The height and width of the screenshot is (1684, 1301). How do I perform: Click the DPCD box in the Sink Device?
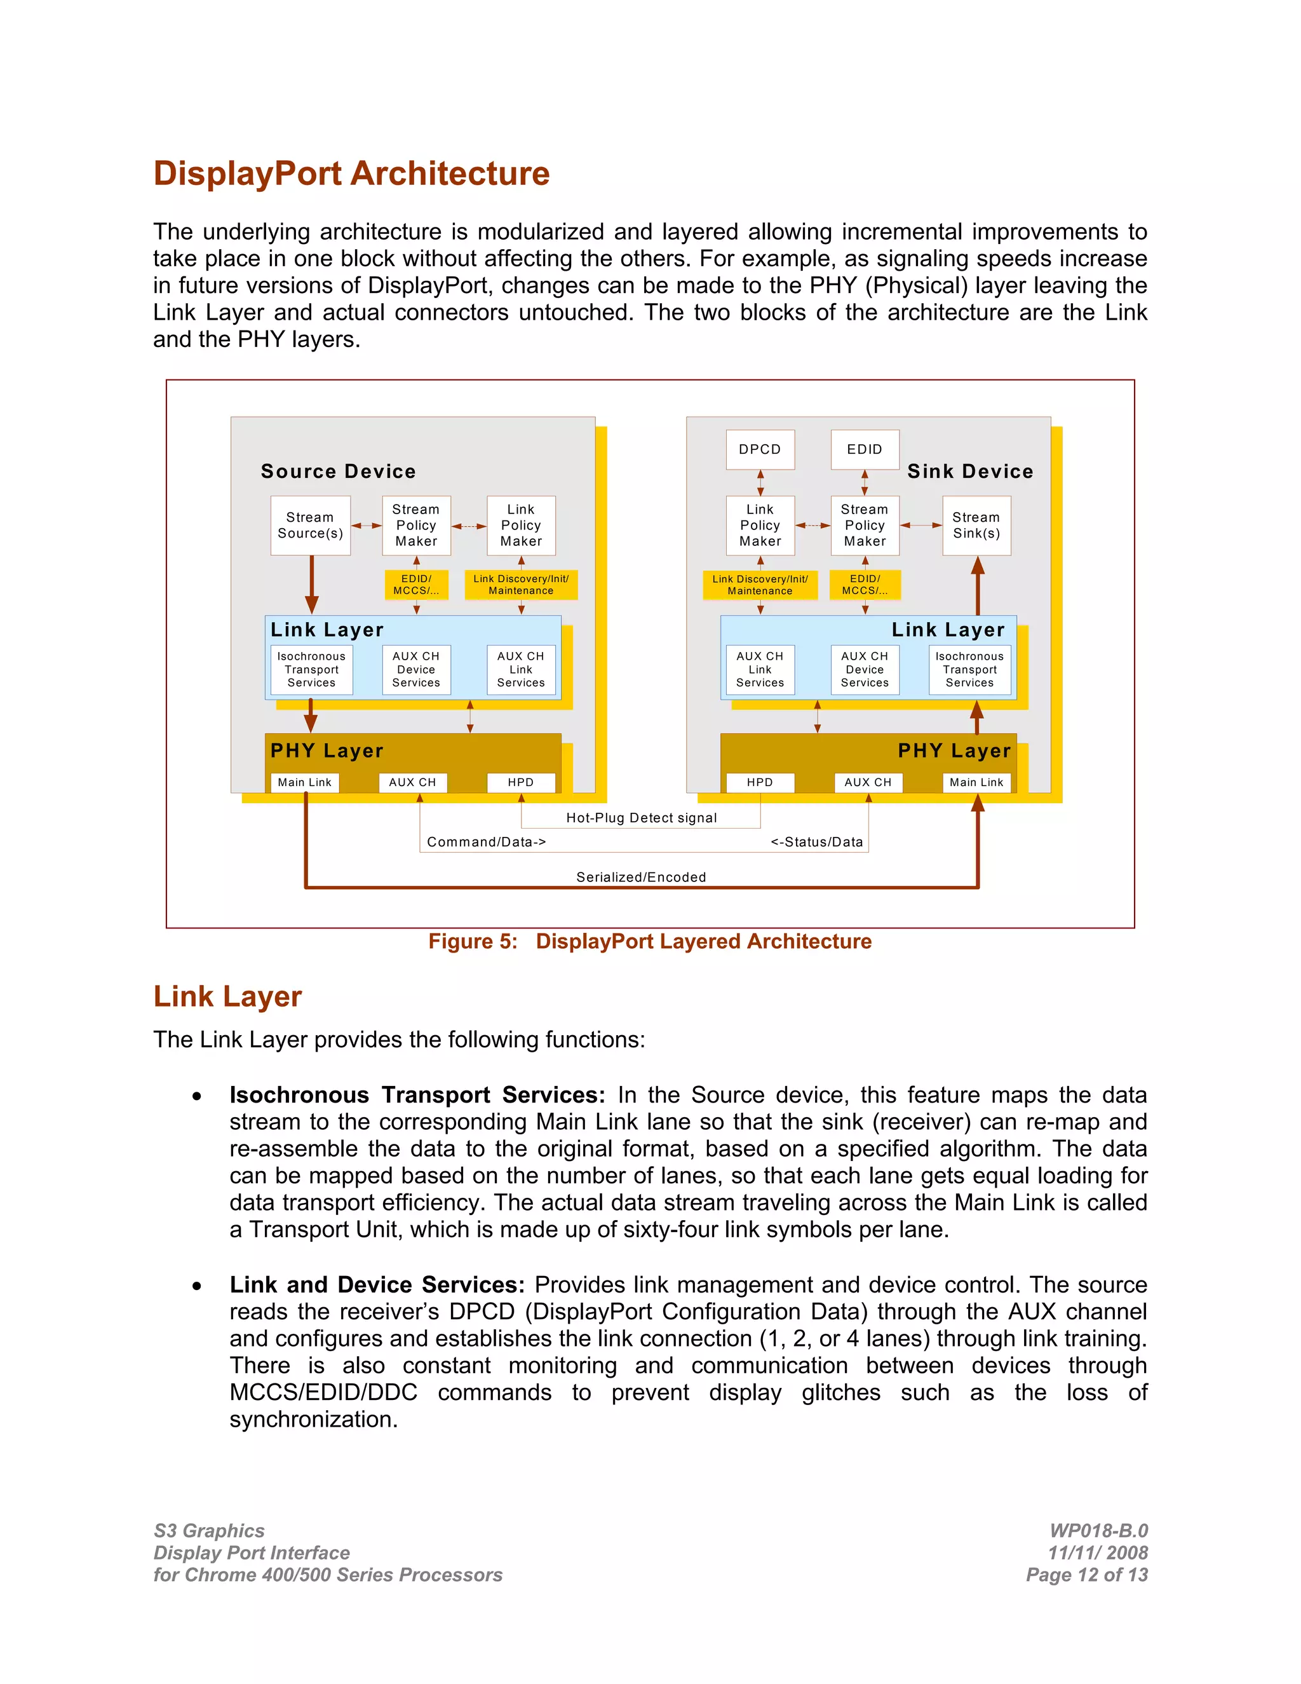760,449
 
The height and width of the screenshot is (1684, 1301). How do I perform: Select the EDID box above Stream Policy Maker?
864,449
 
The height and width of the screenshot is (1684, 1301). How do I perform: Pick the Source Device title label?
339,471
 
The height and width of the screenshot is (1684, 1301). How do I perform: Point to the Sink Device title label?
969,471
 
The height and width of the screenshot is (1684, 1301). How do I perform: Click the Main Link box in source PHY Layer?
304,782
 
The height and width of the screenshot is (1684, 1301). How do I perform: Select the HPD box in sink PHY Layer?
760,782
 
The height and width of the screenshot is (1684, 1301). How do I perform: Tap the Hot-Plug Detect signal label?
641,817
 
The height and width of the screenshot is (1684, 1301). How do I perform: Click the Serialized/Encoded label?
641,877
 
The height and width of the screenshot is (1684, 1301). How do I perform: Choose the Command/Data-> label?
487,841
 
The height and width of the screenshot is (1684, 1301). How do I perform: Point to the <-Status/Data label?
817,841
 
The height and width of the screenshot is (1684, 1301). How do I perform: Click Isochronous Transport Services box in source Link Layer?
311,669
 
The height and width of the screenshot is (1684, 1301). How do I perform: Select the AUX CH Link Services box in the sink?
760,669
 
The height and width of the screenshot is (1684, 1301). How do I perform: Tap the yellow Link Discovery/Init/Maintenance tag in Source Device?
521,585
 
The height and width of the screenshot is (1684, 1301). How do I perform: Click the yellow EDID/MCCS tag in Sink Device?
865,585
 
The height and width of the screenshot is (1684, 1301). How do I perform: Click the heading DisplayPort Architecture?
351,173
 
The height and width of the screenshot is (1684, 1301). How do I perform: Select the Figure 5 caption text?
650,942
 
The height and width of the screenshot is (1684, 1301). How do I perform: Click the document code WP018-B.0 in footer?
1098,1531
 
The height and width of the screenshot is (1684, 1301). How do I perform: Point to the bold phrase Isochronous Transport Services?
417,1095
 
